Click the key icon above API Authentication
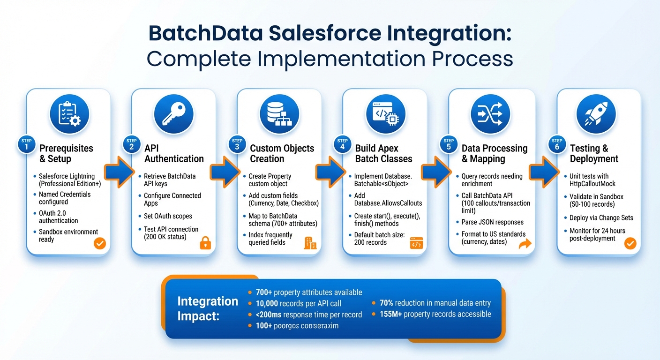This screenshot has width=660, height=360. pos(174,114)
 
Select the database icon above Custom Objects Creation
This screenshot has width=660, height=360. pos(279,114)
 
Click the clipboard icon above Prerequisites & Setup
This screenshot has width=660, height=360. pos(69,114)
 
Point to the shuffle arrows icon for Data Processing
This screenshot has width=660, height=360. pos(489,114)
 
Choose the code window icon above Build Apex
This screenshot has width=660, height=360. pos(385,114)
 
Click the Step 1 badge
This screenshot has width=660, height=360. pos(26,145)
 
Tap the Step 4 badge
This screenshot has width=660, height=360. pos(343,145)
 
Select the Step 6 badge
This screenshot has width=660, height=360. pos(557,145)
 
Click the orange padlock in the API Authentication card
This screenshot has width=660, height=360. pos(205,243)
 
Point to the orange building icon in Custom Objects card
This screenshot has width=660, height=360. pos(310,243)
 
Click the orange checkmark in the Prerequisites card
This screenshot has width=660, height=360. pos(100,243)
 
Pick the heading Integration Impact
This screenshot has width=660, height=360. pos(208,308)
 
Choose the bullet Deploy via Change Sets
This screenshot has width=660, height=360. pos(601,217)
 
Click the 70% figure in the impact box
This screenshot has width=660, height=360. pos(388,303)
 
